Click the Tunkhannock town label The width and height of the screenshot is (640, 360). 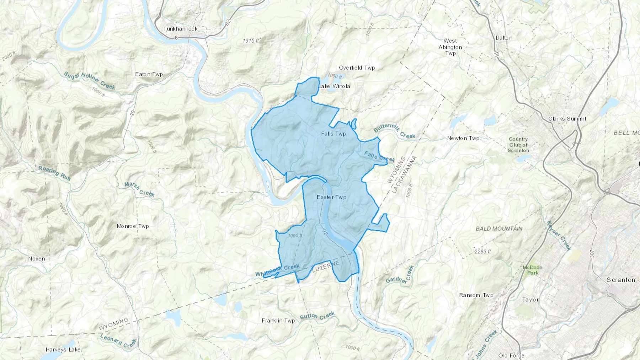tap(180, 29)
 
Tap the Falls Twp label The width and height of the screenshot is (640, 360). tap(333, 134)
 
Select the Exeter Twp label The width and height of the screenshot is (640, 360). tap(331, 197)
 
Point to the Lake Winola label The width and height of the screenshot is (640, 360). tap(334, 86)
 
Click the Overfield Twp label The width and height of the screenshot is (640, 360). tap(357, 68)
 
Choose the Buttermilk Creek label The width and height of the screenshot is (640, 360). tap(394, 130)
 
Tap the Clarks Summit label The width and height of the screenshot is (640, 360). tap(567, 119)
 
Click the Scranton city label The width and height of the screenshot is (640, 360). tap(620, 280)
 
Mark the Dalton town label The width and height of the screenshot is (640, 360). tap(504, 38)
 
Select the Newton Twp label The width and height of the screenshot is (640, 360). tap(463, 138)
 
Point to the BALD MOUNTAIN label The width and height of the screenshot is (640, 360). tap(499, 229)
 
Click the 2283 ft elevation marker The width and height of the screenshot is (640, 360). tap(482, 252)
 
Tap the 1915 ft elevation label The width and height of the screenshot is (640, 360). tap(251, 41)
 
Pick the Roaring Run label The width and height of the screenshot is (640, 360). tap(54, 173)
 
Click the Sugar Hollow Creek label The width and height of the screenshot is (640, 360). tap(89, 80)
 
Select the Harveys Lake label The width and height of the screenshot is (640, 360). tap(63, 350)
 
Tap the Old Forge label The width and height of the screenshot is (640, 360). tap(511, 355)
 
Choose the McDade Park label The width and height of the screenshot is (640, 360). tap(532, 270)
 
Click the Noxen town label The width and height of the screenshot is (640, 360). tap(37, 259)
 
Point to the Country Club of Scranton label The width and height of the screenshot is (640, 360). tap(518, 145)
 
